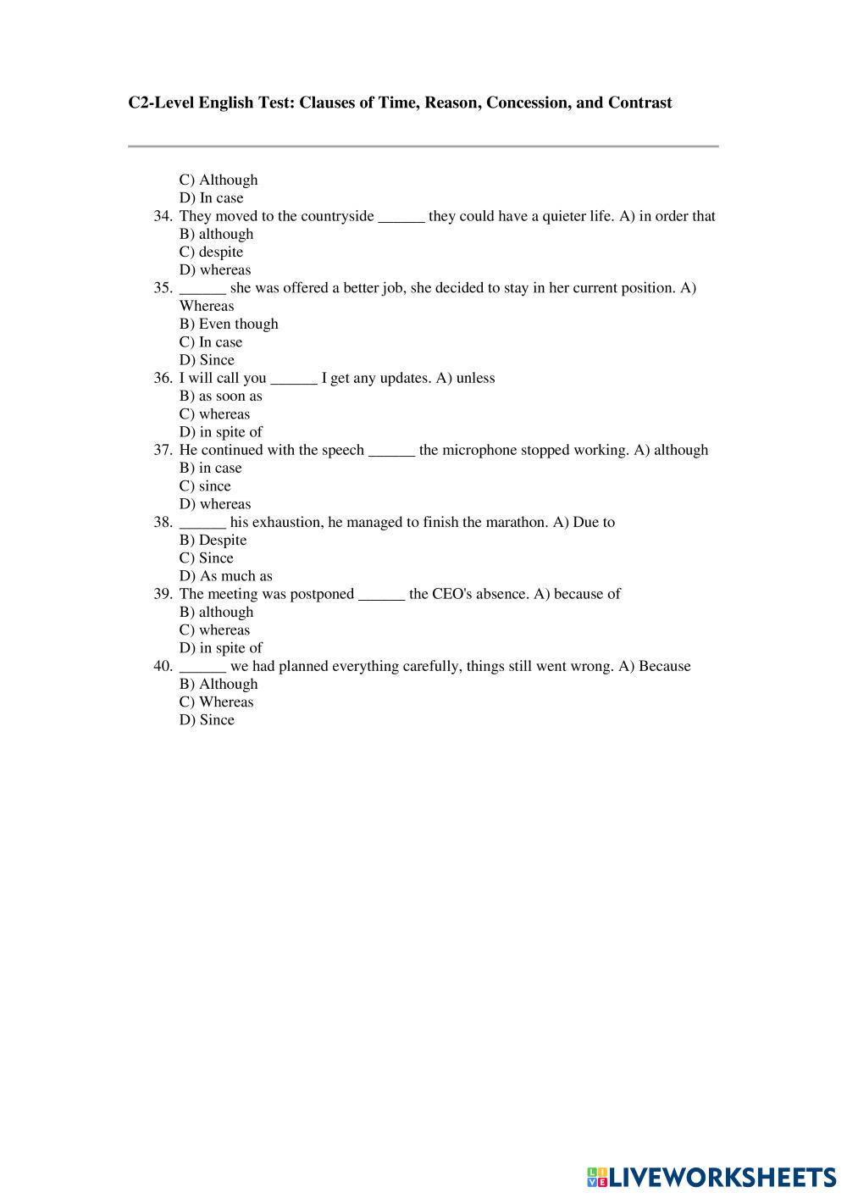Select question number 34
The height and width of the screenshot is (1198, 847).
(x=163, y=216)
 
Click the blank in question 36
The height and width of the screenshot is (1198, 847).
(x=294, y=378)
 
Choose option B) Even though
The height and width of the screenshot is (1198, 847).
(x=229, y=324)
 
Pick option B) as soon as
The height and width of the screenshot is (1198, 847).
(x=221, y=396)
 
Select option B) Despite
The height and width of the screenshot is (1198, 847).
(x=213, y=540)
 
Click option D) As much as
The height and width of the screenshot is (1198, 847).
(x=226, y=576)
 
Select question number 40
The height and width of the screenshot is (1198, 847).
(x=163, y=666)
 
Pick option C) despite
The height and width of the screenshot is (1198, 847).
(x=211, y=252)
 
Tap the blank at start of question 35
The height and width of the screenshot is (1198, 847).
(x=202, y=288)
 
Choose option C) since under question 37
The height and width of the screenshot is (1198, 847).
(x=205, y=485)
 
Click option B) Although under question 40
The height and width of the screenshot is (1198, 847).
(x=219, y=684)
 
